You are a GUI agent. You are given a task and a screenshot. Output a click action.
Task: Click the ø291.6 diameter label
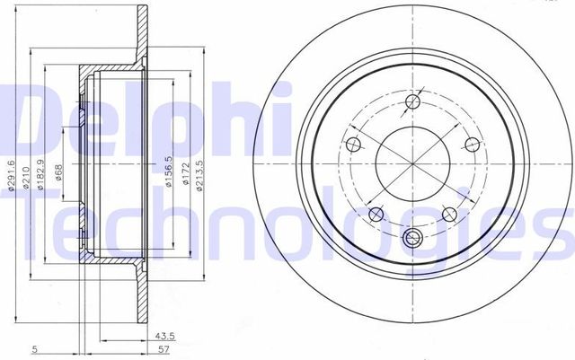click(x=11, y=175)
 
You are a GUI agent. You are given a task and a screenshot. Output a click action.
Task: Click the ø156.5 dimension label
click(x=168, y=171)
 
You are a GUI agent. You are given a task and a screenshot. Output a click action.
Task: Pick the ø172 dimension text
click(x=184, y=172)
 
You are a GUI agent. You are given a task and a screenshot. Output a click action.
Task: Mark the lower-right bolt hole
click(x=448, y=213)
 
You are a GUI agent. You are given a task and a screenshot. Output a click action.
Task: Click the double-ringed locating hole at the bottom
click(x=413, y=239)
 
